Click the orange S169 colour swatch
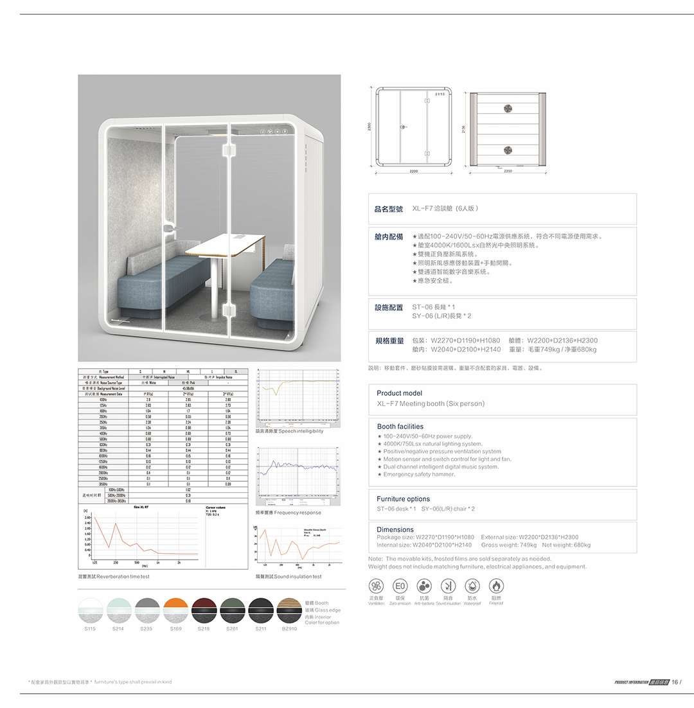point(175,610)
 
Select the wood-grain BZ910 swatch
point(289,610)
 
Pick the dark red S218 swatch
point(204,610)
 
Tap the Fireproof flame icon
point(496,586)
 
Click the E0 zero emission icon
point(400,586)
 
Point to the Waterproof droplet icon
point(472,586)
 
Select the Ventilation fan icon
point(377,586)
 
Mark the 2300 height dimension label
point(369,128)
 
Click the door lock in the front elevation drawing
point(402,127)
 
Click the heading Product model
point(399,393)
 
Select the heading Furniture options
point(403,499)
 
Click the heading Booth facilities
point(400,427)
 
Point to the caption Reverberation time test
point(114,577)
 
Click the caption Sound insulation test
point(289,577)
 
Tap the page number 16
point(675,682)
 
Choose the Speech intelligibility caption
point(289,431)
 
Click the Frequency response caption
point(289,513)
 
